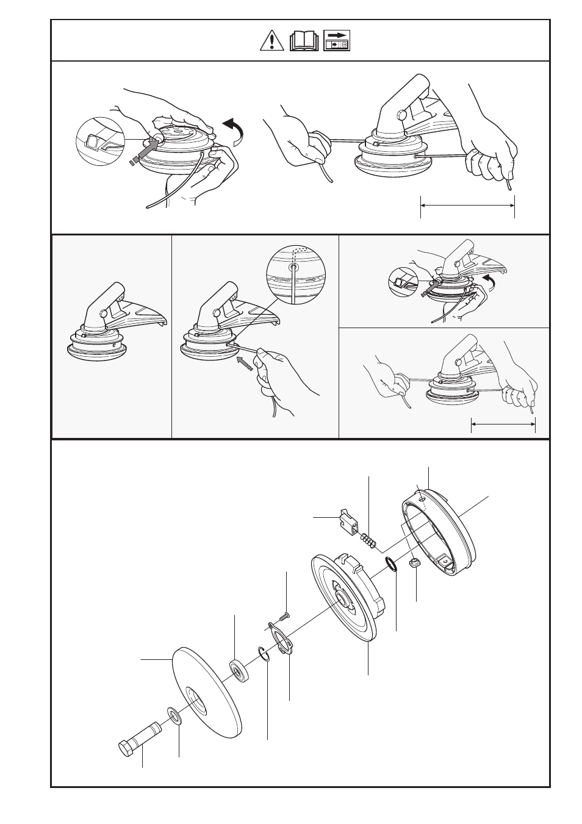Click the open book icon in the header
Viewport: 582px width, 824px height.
[304, 41]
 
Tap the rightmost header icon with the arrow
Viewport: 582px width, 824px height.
[337, 41]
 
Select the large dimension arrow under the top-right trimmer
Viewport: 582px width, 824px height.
[467, 206]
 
